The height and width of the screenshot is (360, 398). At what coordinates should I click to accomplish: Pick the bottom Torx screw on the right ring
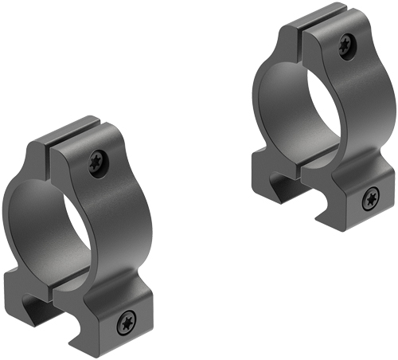(x=369, y=199)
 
